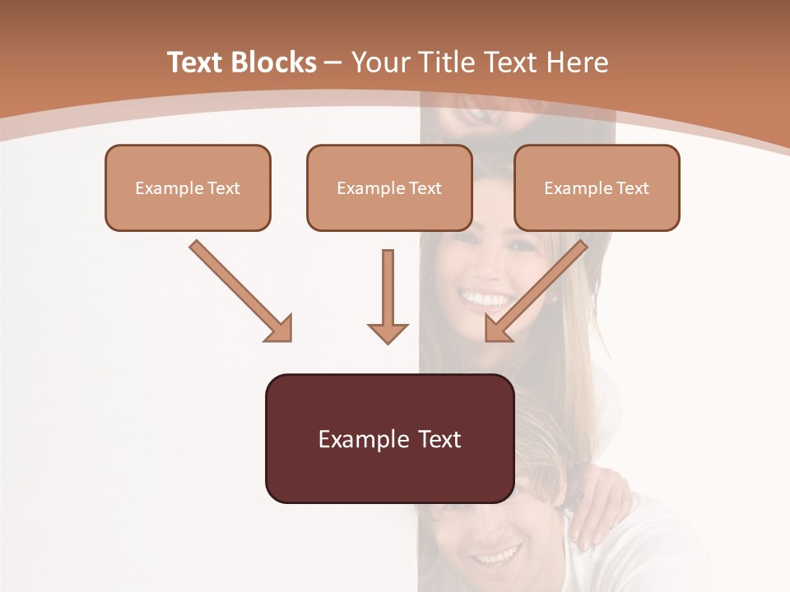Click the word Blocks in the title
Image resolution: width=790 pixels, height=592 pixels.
pyautogui.click(x=274, y=62)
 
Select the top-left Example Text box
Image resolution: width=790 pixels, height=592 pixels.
pyautogui.click(x=188, y=187)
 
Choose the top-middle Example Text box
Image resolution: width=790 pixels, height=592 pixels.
pyautogui.click(x=389, y=187)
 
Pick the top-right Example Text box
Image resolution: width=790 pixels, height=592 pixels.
pyautogui.click(x=597, y=187)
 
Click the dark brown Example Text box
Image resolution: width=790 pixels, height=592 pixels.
pyautogui.click(x=389, y=438)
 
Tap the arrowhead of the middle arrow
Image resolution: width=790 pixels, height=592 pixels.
pyautogui.click(x=388, y=332)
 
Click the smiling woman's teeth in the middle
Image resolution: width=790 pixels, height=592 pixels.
pyautogui.click(x=485, y=297)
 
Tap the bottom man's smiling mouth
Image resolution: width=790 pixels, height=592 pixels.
pyautogui.click(x=495, y=557)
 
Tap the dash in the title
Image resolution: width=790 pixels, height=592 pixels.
pyautogui.click(x=333, y=63)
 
